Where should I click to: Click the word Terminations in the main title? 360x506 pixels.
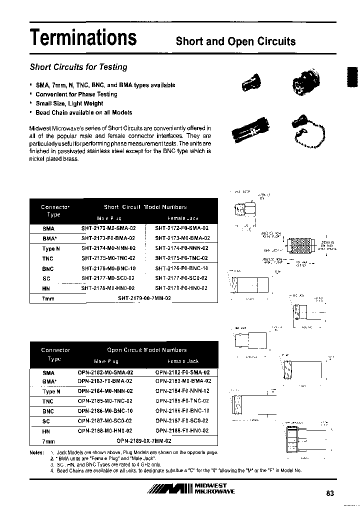[x=83, y=37]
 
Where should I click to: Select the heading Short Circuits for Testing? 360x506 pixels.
[x=78, y=67]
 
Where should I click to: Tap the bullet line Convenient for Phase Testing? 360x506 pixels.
[x=76, y=94]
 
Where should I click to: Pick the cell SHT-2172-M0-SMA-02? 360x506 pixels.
[x=108, y=228]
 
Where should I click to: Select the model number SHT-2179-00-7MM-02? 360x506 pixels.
[x=144, y=298]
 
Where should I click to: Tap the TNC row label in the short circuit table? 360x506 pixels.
[x=48, y=258]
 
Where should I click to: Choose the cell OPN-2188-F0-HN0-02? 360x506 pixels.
[x=182, y=430]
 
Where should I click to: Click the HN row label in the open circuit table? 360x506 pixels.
[x=47, y=431]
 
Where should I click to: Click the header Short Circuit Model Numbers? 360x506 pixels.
[x=145, y=207]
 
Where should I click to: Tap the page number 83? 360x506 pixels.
[x=329, y=493]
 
